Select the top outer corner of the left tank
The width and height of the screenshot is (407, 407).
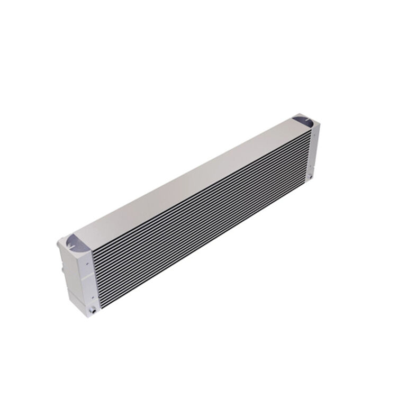[x=59, y=242]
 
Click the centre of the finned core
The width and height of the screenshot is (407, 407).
[x=204, y=214]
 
